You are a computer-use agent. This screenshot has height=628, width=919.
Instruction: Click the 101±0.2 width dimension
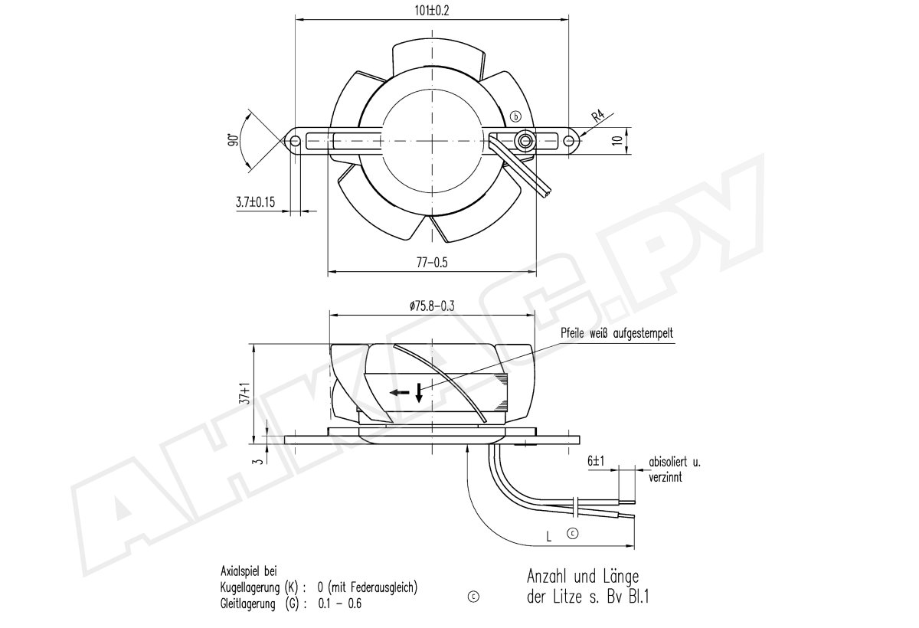point(432,11)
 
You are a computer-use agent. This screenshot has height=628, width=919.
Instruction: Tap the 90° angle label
point(234,140)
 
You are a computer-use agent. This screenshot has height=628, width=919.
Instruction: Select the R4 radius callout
point(599,116)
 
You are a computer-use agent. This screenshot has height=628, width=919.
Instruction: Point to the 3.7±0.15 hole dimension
point(255,202)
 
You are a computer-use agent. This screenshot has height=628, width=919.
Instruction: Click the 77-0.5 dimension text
point(432,263)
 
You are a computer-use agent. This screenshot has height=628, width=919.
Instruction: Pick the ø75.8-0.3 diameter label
point(432,306)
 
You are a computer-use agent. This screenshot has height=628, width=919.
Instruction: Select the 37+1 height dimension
point(245,394)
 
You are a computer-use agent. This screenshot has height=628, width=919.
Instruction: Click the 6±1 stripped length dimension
point(596,461)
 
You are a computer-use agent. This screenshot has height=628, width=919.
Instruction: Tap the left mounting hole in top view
point(295,141)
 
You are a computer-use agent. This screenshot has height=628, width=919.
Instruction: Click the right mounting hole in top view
point(568,141)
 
